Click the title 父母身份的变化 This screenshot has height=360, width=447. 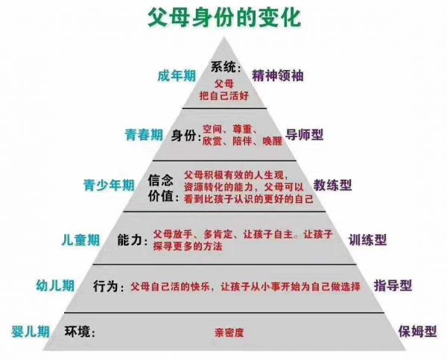coord(224,18)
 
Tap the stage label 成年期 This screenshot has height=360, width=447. coord(177,76)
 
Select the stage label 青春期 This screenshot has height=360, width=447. coord(144,135)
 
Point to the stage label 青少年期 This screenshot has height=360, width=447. coord(109,185)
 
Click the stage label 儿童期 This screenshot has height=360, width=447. coord(80,240)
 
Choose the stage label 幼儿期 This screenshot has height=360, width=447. coord(55,285)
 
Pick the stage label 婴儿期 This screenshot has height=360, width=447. coord(31,332)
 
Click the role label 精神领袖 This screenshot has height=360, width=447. coord(278,75)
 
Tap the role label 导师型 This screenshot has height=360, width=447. coord(305,135)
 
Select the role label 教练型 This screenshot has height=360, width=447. coord(333,185)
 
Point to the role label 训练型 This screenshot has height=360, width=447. coord(368,240)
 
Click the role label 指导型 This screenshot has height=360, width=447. coord(393,285)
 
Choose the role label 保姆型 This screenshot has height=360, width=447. coord(418,332)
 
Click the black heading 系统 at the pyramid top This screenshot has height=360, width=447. coord(223,67)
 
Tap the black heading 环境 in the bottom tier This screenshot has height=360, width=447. coord(77,332)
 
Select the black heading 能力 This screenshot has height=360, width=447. coord(130,240)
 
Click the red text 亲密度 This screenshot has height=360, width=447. coord(229,332)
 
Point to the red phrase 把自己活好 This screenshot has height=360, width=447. coord(224,95)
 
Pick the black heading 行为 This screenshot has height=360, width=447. coord(105,285)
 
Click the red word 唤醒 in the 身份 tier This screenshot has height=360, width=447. coord(273,141)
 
